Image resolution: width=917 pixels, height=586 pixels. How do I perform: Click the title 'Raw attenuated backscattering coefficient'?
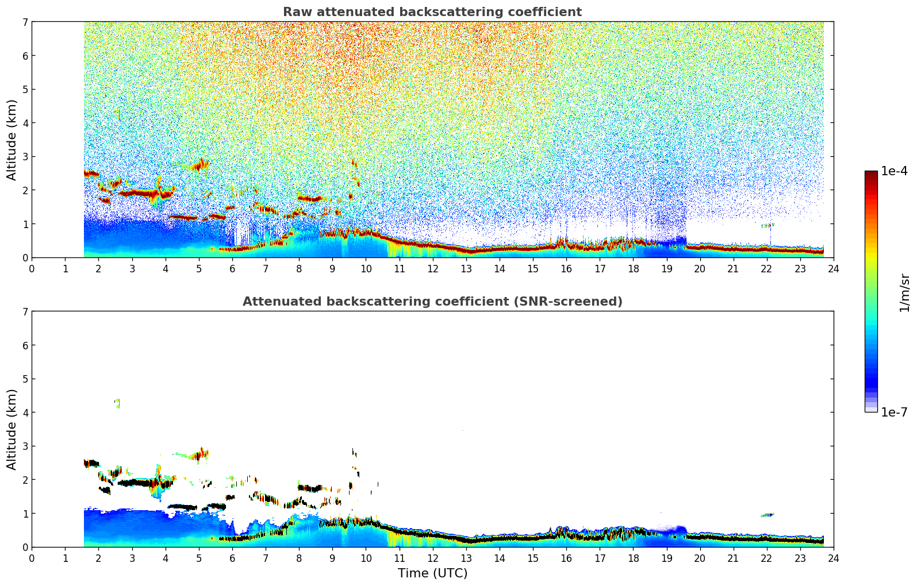(x=432, y=12)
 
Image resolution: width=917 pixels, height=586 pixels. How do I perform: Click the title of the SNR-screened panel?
(x=432, y=302)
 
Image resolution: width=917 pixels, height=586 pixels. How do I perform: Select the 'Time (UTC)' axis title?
(x=432, y=573)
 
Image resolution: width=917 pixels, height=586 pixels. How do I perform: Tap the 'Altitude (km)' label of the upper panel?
(x=12, y=140)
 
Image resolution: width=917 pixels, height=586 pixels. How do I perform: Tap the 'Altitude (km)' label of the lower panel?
(x=12, y=429)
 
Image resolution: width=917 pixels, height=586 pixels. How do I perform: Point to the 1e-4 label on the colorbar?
(x=894, y=171)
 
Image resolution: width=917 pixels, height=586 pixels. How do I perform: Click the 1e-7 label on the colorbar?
(x=894, y=412)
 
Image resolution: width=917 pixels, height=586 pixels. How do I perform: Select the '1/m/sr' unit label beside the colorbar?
(x=904, y=292)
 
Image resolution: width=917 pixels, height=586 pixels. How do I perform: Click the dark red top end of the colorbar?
(x=871, y=174)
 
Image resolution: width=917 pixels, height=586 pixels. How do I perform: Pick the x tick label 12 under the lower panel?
(x=433, y=558)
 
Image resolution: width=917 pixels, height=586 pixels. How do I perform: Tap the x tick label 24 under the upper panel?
(x=834, y=269)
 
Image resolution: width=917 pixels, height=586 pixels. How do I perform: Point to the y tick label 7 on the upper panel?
(x=25, y=22)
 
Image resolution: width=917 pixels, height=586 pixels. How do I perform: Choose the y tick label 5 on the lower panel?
(x=25, y=379)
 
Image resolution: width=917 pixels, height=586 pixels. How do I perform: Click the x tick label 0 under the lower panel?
(x=32, y=558)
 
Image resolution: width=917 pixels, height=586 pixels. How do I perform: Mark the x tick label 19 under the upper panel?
(x=666, y=269)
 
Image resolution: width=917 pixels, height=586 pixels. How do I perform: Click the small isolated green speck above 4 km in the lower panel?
(x=118, y=403)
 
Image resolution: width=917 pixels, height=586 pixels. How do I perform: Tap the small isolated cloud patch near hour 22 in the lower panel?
(x=767, y=515)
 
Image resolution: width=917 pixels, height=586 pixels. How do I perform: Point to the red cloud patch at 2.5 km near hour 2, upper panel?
(x=91, y=174)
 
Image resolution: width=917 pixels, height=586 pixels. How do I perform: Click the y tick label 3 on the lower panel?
(x=25, y=446)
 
